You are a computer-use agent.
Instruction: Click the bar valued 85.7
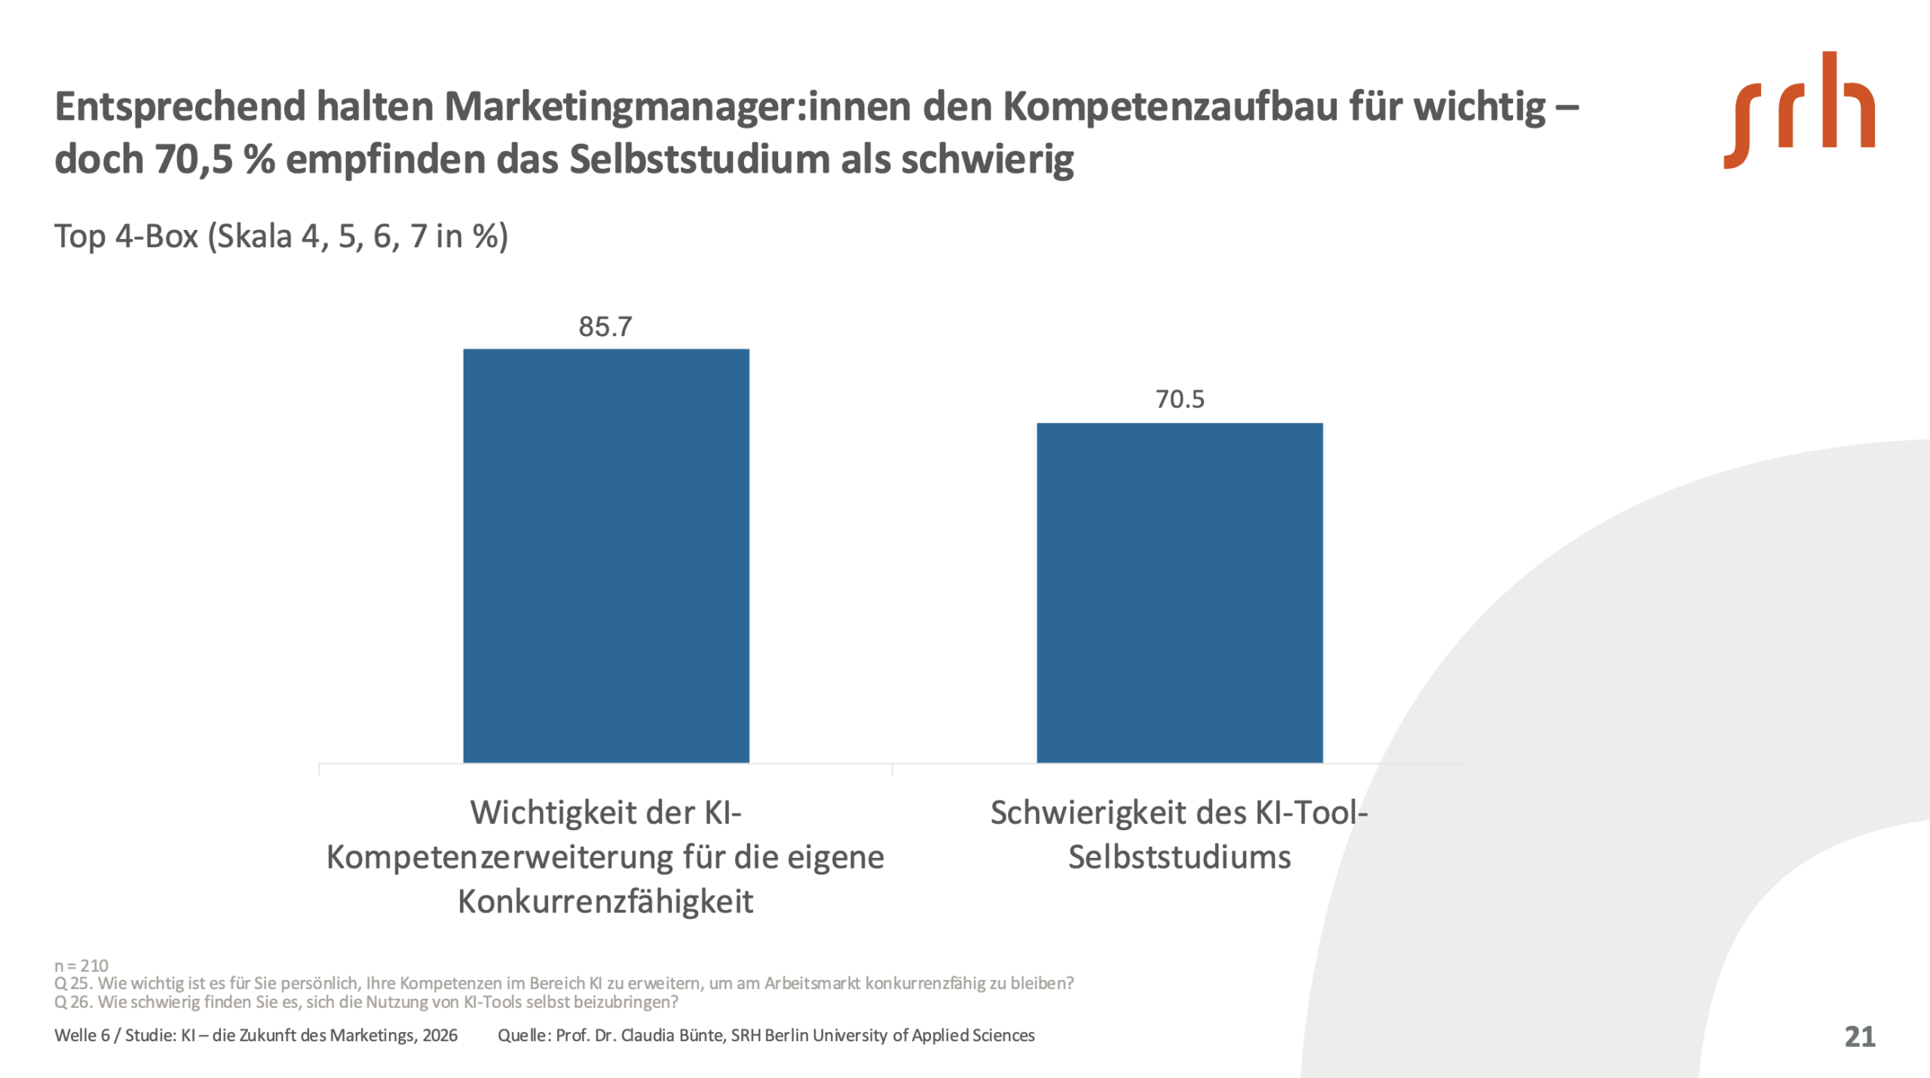[x=606, y=556]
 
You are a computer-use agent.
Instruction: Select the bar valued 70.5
[x=1179, y=593]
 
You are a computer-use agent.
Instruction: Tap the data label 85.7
[x=605, y=327]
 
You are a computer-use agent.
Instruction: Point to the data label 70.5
[x=1180, y=400]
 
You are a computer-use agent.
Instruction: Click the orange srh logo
[x=1799, y=111]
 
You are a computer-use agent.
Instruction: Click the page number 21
[x=1859, y=1037]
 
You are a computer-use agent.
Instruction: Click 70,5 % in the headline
[x=216, y=160]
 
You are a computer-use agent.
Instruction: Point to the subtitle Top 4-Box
[x=127, y=237]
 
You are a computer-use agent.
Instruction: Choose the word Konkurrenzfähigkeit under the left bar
[x=605, y=902]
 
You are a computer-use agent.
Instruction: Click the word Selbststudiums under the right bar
[x=1179, y=858]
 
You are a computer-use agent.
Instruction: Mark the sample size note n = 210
[x=81, y=966]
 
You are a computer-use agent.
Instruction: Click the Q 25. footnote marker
[x=72, y=984]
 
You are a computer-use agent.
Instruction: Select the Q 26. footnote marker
[x=72, y=1003]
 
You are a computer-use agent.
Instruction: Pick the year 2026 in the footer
[x=440, y=1036]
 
